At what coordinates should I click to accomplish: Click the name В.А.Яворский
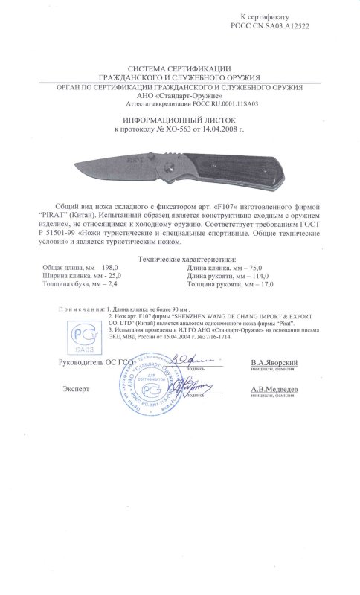[x=274, y=361]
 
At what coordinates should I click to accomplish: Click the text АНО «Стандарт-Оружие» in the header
[x=180, y=94]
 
